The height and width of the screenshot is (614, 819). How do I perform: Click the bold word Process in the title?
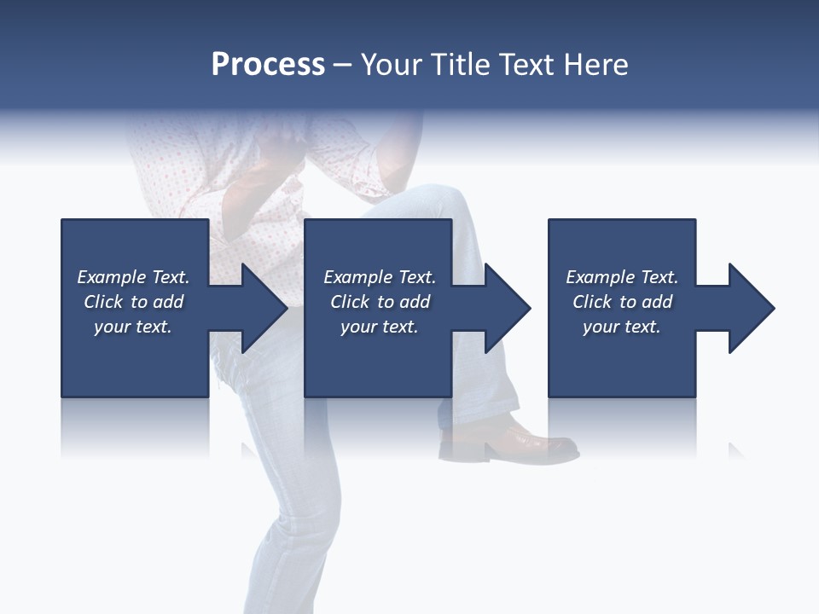tap(268, 65)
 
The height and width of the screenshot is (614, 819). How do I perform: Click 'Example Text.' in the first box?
tap(133, 277)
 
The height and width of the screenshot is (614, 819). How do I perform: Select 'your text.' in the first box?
tap(133, 327)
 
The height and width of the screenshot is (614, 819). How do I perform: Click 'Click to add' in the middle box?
tap(380, 302)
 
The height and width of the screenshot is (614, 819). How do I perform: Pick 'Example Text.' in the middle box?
tap(380, 277)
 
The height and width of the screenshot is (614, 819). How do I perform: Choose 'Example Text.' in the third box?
tap(622, 277)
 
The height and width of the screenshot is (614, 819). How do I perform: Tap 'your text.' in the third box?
tap(622, 327)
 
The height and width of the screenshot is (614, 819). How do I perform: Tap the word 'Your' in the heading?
tap(392, 65)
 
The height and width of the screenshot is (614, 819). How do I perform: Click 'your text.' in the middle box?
tap(380, 327)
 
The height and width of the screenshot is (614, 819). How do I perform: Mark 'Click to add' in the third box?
tap(622, 302)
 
